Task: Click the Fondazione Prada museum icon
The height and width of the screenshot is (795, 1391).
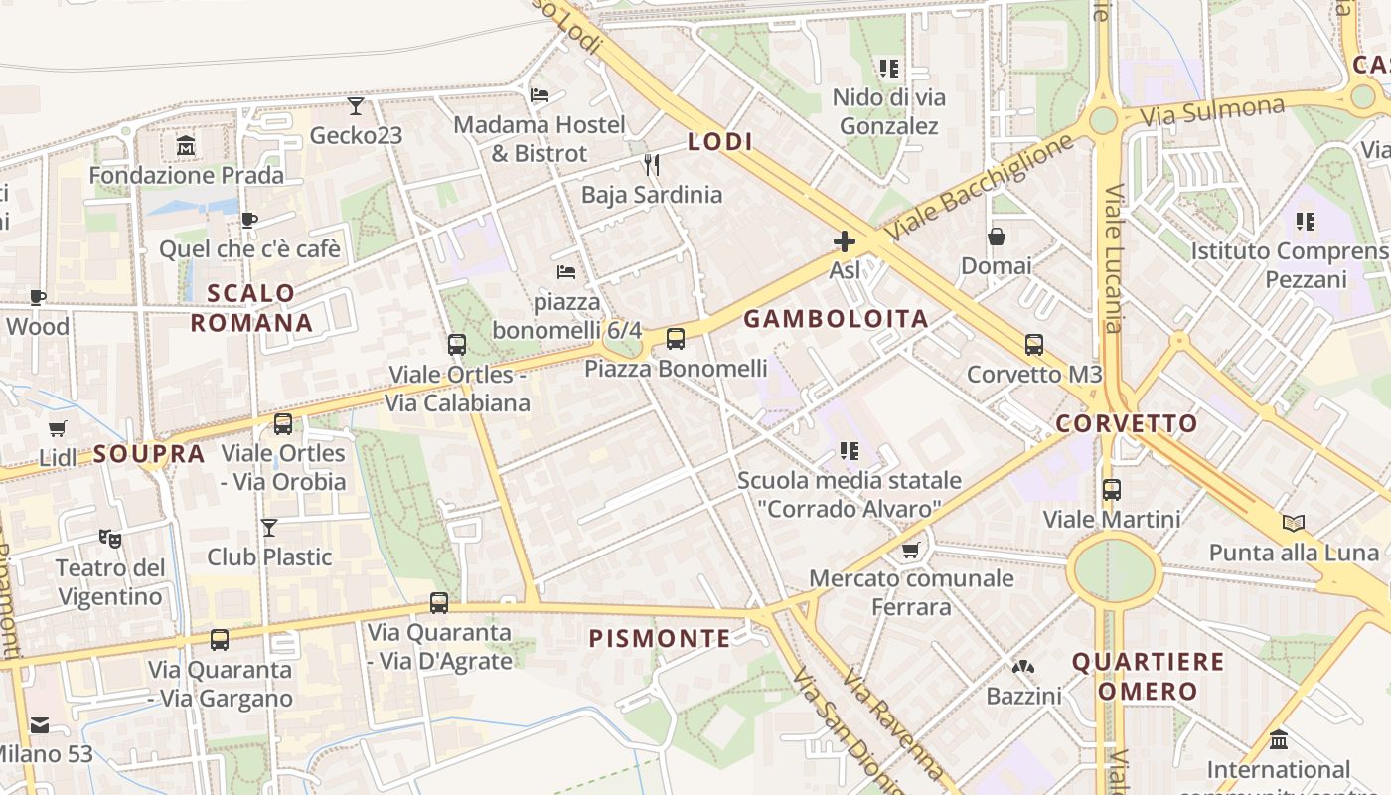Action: (x=186, y=147)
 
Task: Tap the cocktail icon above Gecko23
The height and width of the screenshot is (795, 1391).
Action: (x=356, y=105)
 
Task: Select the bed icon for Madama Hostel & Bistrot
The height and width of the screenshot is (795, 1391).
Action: (x=540, y=95)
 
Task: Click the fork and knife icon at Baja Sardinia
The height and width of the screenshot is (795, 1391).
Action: (x=652, y=164)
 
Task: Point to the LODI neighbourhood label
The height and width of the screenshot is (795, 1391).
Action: (x=720, y=142)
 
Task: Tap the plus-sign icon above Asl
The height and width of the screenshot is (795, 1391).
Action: (x=845, y=241)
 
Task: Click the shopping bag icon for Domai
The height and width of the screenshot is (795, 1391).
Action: (x=996, y=237)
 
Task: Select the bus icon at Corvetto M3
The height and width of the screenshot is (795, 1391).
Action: (x=1034, y=345)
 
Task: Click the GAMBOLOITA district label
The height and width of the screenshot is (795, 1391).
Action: (x=836, y=319)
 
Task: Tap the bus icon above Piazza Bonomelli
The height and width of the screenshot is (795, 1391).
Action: (x=676, y=339)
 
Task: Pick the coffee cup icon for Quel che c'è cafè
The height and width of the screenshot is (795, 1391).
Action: (x=249, y=220)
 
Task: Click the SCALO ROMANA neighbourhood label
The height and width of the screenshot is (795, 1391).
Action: (x=251, y=308)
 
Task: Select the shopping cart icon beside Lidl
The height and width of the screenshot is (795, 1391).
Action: (x=58, y=429)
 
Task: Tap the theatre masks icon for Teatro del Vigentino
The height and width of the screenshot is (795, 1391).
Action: (x=109, y=539)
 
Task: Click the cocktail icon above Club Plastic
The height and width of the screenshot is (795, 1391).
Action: (x=269, y=527)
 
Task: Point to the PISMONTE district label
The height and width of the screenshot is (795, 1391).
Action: (x=660, y=638)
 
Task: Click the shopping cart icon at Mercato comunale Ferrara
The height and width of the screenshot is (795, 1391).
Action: (x=910, y=550)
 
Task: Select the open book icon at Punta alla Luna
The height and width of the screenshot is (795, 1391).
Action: (x=1293, y=523)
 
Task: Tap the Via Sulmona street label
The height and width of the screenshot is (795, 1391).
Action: (x=1212, y=110)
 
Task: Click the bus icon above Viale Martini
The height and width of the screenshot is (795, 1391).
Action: (x=1112, y=490)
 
